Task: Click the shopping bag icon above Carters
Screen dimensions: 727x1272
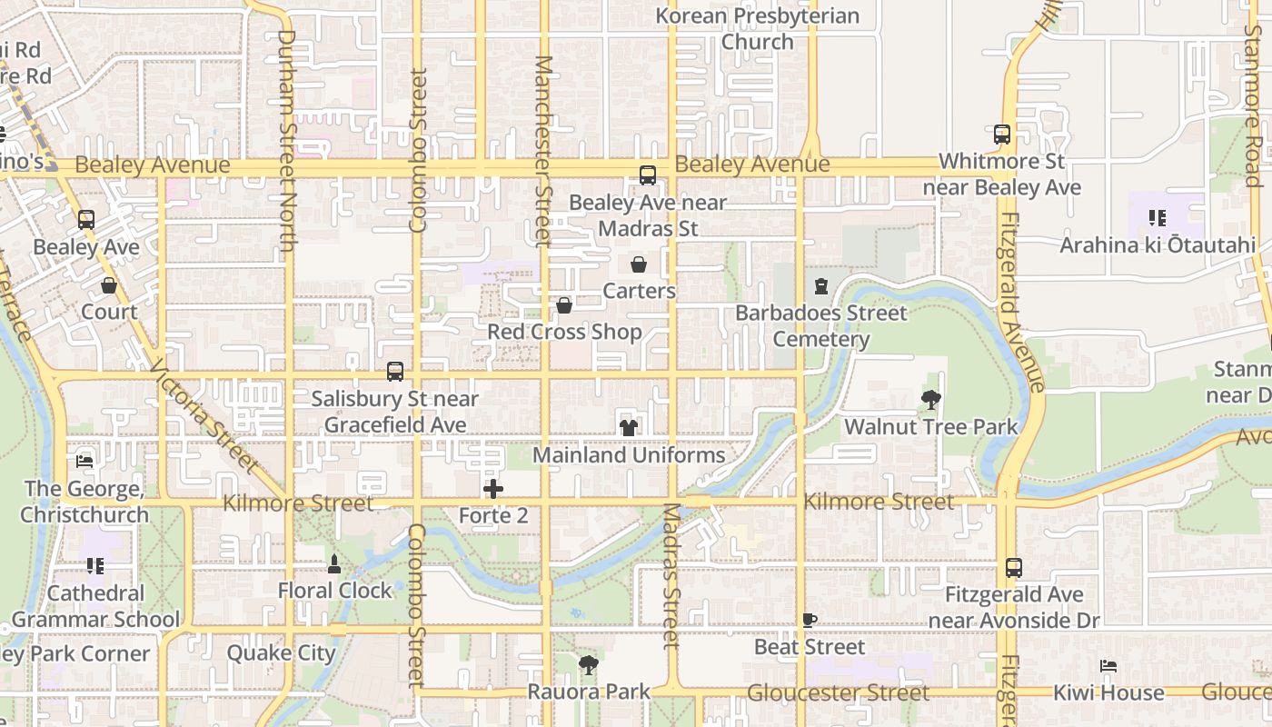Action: [x=639, y=264]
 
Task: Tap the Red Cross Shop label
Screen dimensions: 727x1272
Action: [x=564, y=332]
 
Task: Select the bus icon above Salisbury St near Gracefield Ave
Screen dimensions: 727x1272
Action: [x=395, y=371]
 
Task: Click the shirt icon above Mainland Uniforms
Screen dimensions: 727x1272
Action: [x=628, y=427]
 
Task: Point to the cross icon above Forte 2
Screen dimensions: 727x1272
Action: [x=493, y=490]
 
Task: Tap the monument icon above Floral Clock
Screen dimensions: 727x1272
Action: [x=334, y=563]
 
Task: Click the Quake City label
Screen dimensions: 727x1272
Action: [x=281, y=652]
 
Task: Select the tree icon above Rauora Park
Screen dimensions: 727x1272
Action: [x=589, y=665]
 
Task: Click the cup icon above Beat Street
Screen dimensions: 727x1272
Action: [x=809, y=621]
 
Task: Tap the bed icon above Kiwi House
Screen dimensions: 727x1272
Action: [x=1108, y=666]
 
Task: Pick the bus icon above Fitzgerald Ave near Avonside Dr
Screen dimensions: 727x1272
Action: [x=1014, y=568]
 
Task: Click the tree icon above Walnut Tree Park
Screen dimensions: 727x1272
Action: [x=930, y=399]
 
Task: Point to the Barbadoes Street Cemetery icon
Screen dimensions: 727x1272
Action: [x=821, y=286]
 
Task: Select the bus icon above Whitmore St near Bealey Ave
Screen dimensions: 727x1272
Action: [x=1002, y=134]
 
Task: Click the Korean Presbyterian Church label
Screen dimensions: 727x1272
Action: [x=757, y=28]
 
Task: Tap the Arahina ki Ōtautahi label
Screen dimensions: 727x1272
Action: [x=1158, y=244]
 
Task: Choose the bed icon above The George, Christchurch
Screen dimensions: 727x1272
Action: [x=84, y=462]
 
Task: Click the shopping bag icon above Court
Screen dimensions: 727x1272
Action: [x=109, y=285]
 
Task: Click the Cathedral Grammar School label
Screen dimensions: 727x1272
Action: [x=95, y=606]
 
